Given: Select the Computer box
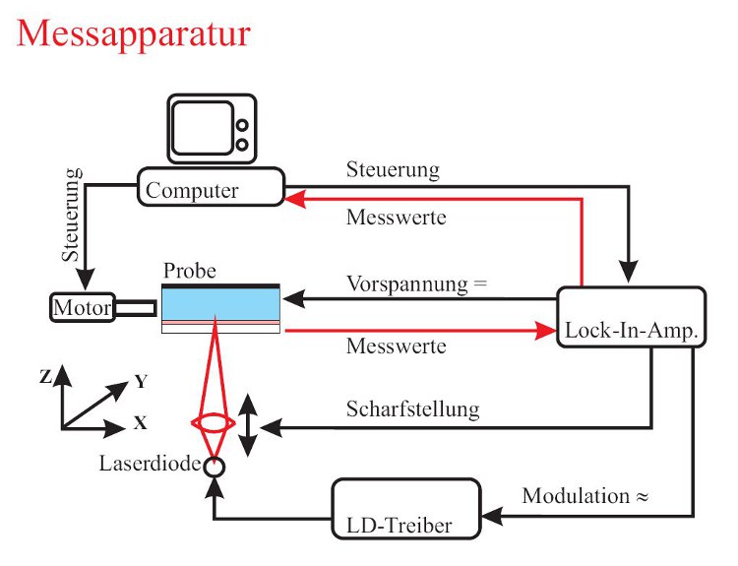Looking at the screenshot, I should (212, 187).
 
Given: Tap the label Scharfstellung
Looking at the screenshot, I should (412, 409).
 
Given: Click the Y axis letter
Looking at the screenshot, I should (141, 380).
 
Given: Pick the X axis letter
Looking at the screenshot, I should (141, 424).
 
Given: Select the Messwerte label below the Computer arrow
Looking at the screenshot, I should (396, 217).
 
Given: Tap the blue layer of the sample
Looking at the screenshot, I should (221, 306).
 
